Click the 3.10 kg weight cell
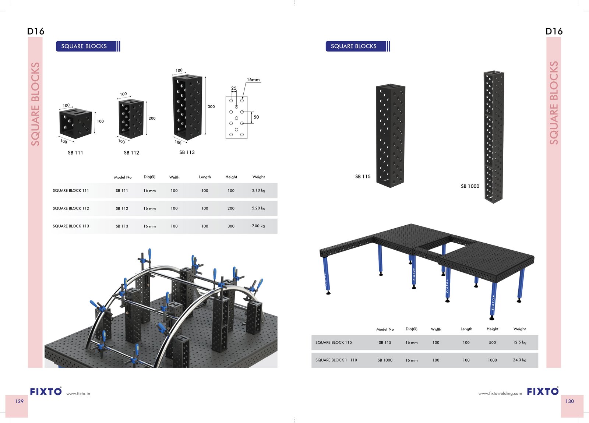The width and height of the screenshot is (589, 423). pyautogui.click(x=258, y=190)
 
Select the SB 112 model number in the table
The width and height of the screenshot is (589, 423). pyautogui.click(x=122, y=208)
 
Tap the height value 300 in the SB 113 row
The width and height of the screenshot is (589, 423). pyautogui.click(x=231, y=226)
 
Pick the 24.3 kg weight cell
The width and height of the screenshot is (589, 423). pyautogui.click(x=519, y=360)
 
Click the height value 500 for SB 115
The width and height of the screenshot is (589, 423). pyautogui.click(x=492, y=342)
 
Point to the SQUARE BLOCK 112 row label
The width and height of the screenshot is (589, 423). pyautogui.click(x=71, y=208)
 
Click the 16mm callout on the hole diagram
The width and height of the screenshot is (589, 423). pyautogui.click(x=253, y=80)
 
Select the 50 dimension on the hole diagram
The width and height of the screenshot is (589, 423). pyautogui.click(x=256, y=117)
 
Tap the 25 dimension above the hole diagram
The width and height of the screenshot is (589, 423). pyautogui.click(x=234, y=88)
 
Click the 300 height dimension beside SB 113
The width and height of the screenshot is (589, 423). pyautogui.click(x=211, y=106)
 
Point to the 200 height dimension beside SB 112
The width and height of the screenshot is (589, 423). pyautogui.click(x=152, y=118)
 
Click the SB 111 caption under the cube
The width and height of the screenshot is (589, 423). pyautogui.click(x=75, y=153)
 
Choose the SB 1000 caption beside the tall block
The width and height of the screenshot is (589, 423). pyautogui.click(x=470, y=186)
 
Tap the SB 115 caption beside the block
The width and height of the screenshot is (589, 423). pyautogui.click(x=363, y=177)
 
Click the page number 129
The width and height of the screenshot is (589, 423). pyautogui.click(x=20, y=401)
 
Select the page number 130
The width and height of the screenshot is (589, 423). pyautogui.click(x=569, y=401)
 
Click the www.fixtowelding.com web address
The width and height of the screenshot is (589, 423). pyautogui.click(x=500, y=393)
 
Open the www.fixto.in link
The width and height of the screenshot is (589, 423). pyautogui.click(x=78, y=394)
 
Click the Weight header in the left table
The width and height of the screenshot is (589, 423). pyautogui.click(x=258, y=177)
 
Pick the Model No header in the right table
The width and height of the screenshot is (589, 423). pyautogui.click(x=385, y=329)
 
